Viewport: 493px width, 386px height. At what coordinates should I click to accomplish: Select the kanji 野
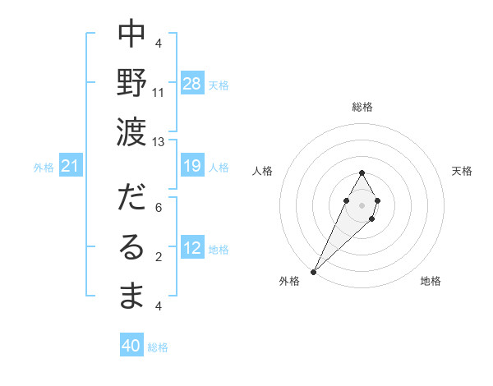(x=132, y=81)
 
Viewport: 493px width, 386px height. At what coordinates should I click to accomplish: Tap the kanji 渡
(x=132, y=130)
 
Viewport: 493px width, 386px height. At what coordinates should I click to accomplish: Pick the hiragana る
(x=132, y=246)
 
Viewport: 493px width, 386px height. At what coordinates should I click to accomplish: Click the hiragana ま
(x=132, y=295)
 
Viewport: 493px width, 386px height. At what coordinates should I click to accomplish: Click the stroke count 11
(x=159, y=93)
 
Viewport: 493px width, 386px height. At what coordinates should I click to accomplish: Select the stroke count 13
(x=159, y=141)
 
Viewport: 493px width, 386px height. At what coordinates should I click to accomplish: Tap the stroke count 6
(x=159, y=209)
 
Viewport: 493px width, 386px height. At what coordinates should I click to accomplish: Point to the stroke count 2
(x=159, y=257)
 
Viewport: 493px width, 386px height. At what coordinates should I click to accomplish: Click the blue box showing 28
(x=192, y=84)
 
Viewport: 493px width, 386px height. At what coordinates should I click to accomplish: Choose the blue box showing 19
(x=192, y=167)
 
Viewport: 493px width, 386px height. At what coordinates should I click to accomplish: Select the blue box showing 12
(x=192, y=249)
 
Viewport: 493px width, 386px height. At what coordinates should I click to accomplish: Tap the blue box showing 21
(x=71, y=167)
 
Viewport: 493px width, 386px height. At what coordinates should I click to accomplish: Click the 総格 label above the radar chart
(x=362, y=107)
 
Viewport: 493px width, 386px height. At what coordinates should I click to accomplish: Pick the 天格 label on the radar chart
(x=463, y=171)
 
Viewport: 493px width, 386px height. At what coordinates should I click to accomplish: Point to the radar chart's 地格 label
(x=431, y=282)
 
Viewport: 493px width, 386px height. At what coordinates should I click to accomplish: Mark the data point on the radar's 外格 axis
(x=314, y=270)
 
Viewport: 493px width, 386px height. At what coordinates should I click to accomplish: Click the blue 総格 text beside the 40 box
(x=158, y=347)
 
